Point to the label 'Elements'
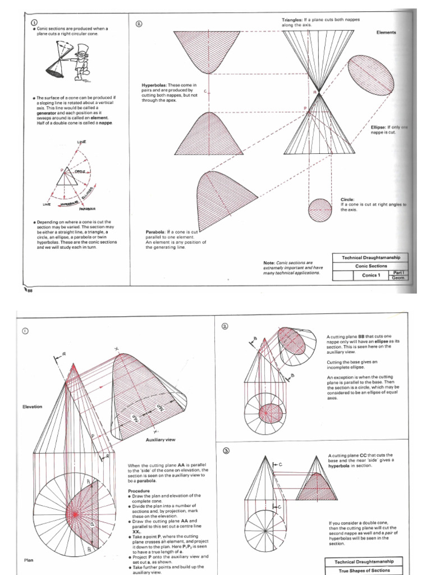tap(386, 33)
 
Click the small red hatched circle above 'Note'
tap(320, 211)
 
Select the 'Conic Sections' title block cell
tap(371, 266)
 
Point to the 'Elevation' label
tap(32, 407)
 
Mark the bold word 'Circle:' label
tap(348, 199)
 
